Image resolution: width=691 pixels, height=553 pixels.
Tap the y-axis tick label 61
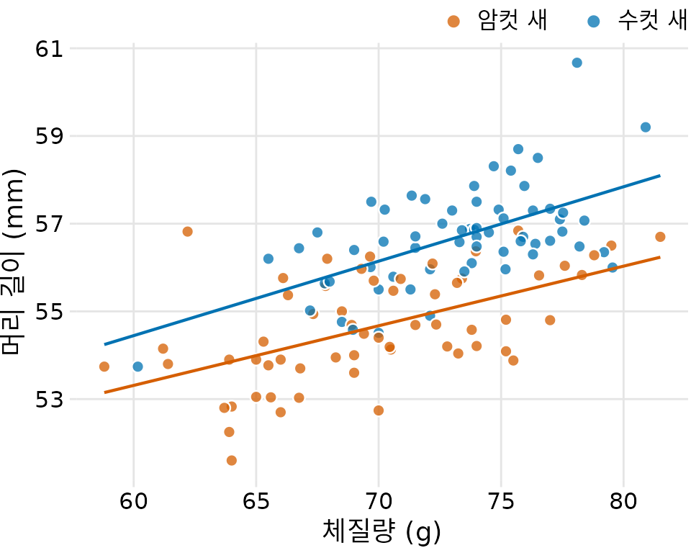48,49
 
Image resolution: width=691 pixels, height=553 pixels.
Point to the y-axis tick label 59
48,136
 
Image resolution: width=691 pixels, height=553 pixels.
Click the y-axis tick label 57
48,224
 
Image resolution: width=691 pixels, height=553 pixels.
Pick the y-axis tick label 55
48,312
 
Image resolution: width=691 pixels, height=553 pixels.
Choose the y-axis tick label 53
48,399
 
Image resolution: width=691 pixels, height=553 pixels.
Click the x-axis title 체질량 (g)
381,534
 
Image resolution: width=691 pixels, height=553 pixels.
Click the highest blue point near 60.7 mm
577,63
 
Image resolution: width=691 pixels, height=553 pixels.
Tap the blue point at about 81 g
646,127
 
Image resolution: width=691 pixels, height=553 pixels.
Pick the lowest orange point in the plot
232,460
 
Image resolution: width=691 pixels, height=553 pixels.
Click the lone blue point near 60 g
137,367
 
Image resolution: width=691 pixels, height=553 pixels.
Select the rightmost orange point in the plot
660,237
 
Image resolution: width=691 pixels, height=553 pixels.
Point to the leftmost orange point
104,367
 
